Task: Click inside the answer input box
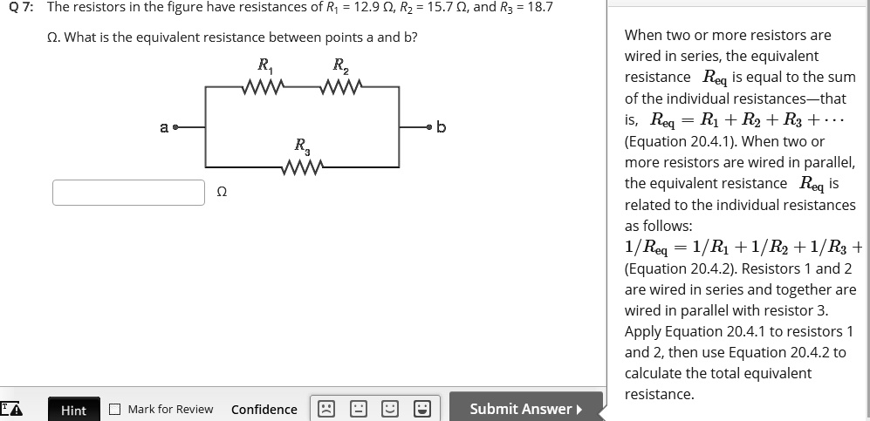coord(128,192)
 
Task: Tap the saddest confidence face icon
coord(325,409)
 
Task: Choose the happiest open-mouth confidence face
coord(421,409)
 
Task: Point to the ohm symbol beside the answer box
coord(221,193)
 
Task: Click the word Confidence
coord(264,410)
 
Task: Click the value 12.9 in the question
coord(366,7)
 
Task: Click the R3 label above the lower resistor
coord(300,145)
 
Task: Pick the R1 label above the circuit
coord(264,65)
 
